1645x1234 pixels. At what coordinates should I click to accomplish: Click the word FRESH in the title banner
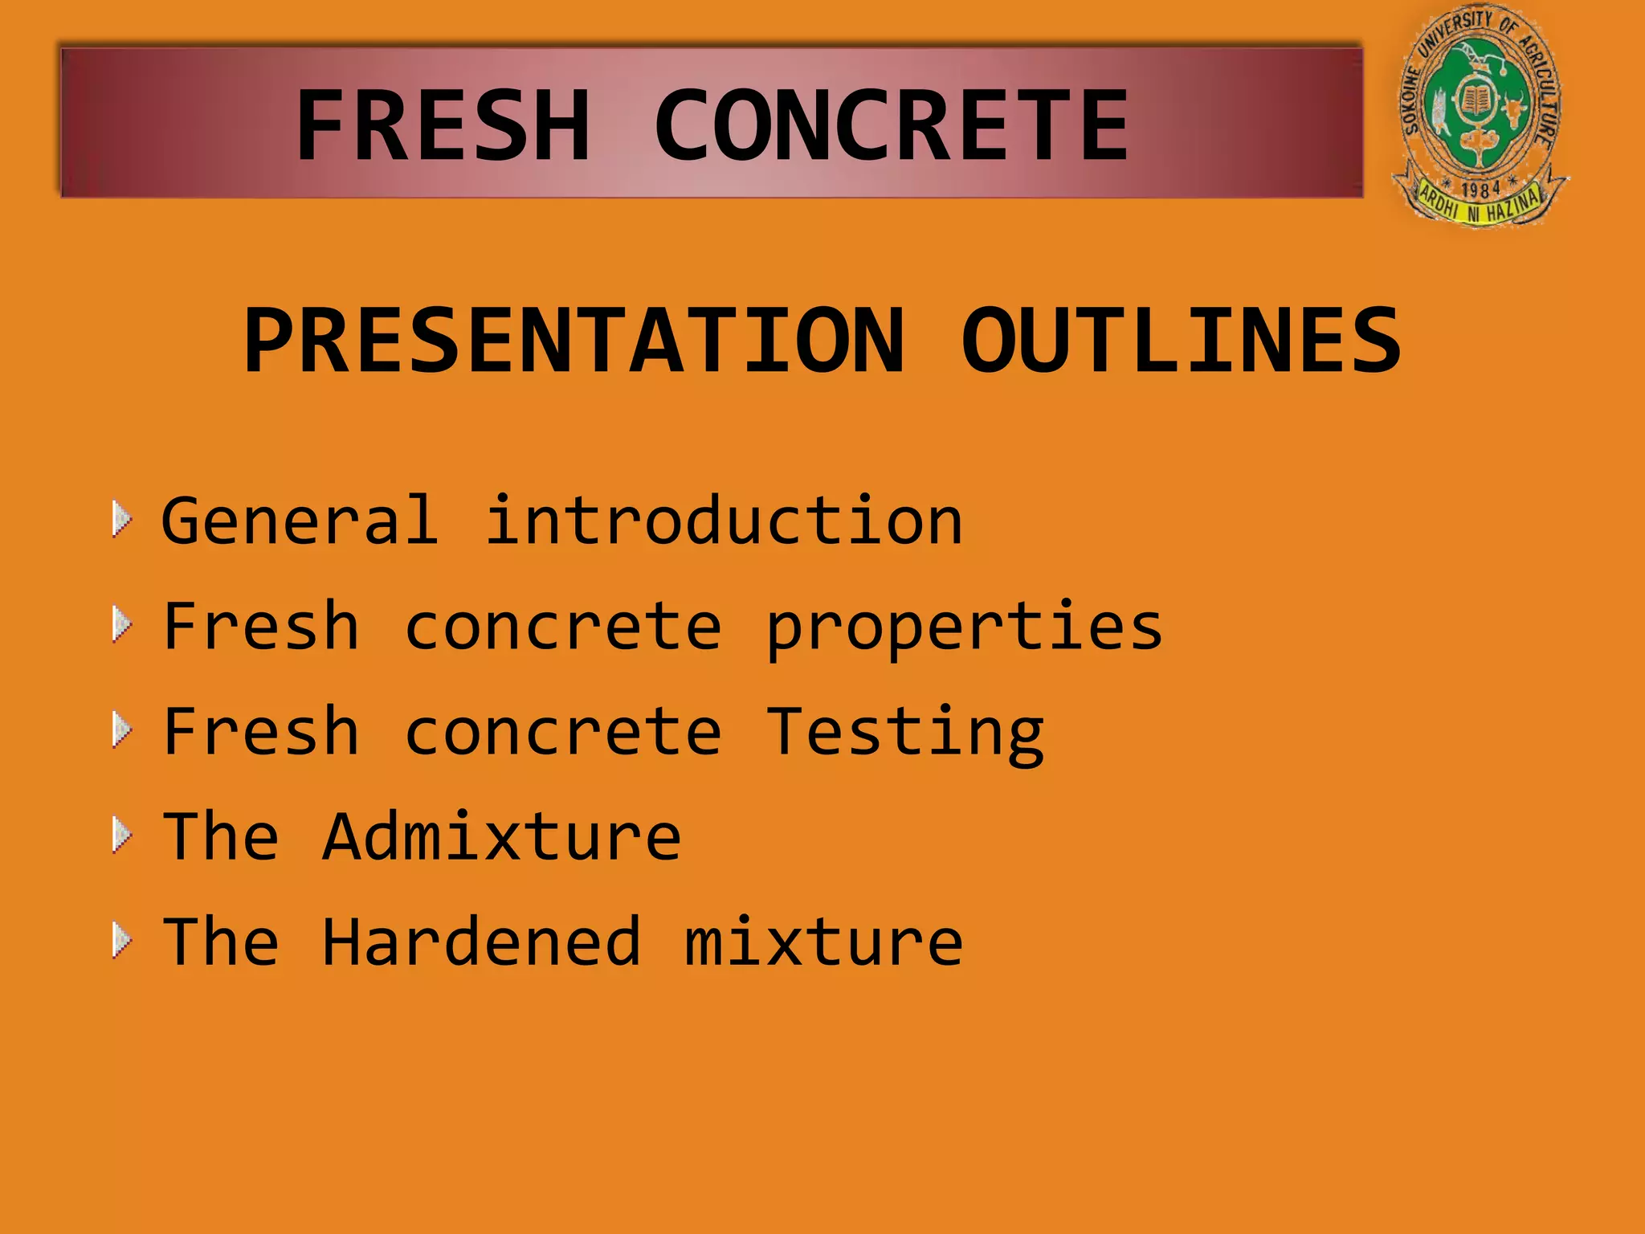coord(443,126)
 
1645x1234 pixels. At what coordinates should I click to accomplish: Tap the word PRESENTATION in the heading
coord(574,341)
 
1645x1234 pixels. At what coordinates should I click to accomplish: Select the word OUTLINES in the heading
coord(1181,341)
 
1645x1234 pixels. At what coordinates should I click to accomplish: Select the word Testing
coord(904,733)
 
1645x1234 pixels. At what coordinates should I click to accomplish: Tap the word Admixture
coord(502,837)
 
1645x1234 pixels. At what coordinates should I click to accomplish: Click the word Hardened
coord(482,942)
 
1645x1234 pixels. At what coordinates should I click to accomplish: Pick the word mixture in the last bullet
coord(823,942)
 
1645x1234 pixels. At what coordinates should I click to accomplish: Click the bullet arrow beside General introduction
coord(122,520)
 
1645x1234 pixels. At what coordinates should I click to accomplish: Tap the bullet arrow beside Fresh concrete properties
coord(122,625)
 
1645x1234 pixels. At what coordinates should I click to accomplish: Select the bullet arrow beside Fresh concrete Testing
coord(122,730)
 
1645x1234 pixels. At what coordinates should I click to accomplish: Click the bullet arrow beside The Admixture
coord(122,836)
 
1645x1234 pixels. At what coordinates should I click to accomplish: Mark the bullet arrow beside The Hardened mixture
coord(122,941)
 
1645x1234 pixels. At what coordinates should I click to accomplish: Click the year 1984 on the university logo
coord(1480,190)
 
